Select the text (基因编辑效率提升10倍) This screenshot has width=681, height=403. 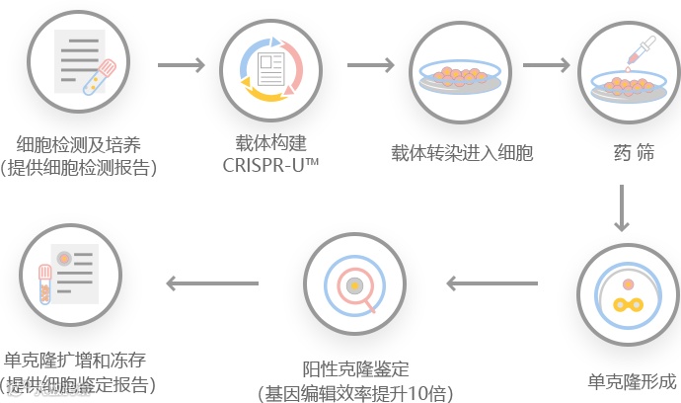tap(354, 392)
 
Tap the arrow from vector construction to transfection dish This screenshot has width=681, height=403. tap(369, 66)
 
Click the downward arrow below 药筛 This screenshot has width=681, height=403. tap(622, 208)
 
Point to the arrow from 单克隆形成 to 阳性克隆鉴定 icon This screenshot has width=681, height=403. tap(492, 284)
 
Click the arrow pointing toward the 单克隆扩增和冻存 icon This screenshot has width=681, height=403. tap(212, 284)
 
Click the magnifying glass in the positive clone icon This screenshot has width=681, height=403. tap(355, 287)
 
